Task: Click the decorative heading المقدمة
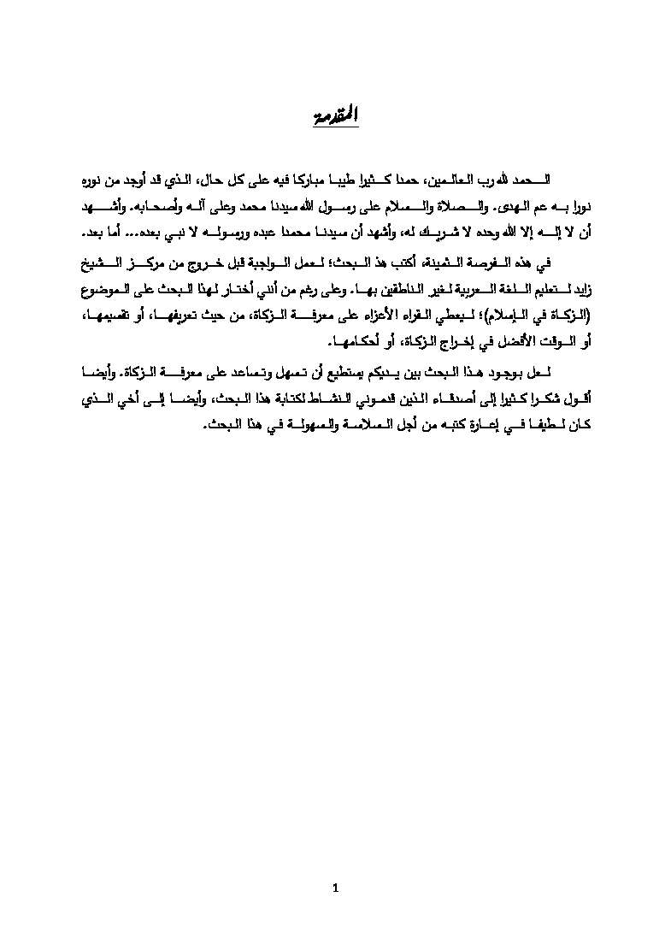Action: coord(334,115)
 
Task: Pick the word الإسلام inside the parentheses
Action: coord(506,316)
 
